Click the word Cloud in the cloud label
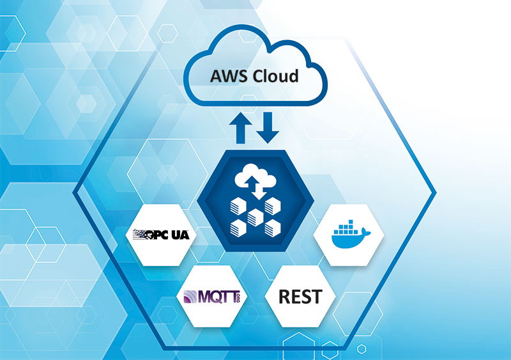coord(275,77)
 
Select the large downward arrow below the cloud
coord(269,128)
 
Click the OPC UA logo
coord(161,234)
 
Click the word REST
coord(300,297)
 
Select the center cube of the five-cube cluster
coord(255,217)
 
